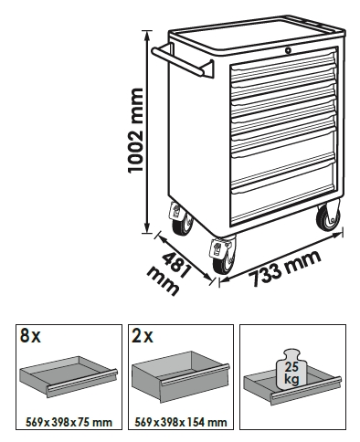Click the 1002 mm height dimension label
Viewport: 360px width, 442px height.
point(135,131)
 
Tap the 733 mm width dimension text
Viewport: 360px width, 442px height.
point(285,268)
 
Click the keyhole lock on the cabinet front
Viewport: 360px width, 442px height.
point(288,50)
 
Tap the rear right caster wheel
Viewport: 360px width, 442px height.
point(329,217)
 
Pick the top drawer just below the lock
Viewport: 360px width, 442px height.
point(284,65)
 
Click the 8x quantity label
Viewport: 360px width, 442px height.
point(30,336)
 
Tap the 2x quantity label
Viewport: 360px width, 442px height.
point(143,336)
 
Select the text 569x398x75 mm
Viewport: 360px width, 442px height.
point(69,422)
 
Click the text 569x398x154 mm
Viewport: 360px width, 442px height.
point(181,422)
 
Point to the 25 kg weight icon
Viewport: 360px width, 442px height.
point(291,369)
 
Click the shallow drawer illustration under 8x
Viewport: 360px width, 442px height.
point(69,376)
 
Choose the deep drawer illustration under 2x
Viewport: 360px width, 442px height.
point(180,377)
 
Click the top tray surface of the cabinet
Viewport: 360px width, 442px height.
point(256,36)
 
